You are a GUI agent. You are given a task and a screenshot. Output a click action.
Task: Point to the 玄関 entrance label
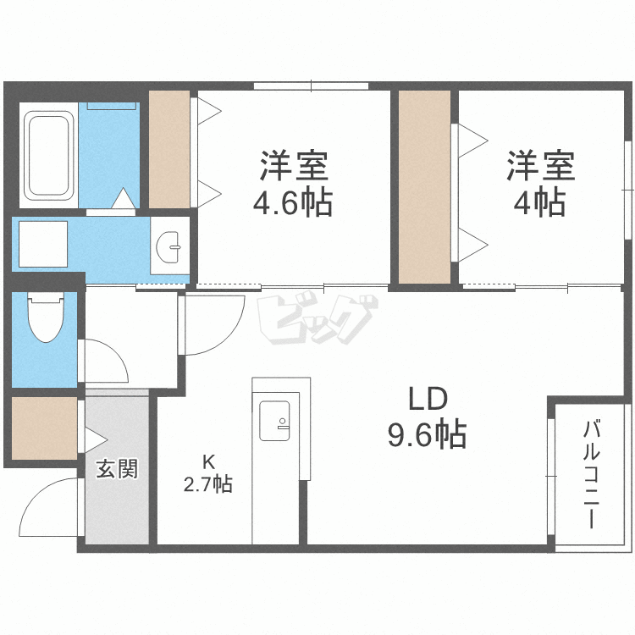(116, 467)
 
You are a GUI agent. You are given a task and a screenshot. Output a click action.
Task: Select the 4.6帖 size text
(294, 203)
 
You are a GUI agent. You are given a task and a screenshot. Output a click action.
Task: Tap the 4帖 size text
(540, 203)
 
